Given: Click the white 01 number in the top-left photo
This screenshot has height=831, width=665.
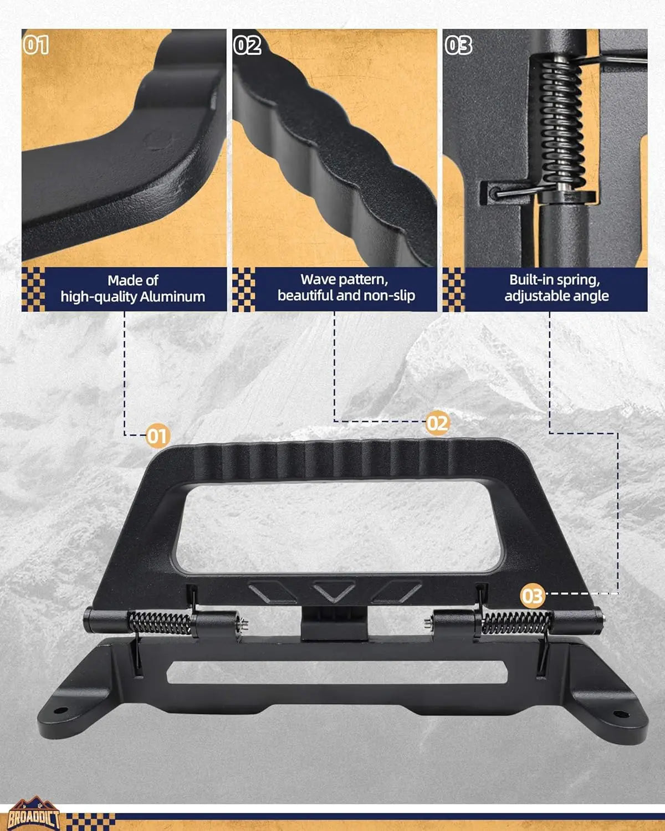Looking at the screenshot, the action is (36, 45).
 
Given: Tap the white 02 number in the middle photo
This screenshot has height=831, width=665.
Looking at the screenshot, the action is (247, 45).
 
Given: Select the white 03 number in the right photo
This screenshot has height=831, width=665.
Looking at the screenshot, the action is (458, 45).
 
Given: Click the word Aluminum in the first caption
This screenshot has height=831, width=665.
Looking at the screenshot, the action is (172, 296).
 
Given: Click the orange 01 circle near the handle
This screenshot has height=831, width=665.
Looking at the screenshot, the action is (157, 436).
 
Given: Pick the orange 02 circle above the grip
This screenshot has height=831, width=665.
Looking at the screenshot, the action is (437, 423).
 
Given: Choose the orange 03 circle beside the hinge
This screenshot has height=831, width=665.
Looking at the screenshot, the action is (533, 596).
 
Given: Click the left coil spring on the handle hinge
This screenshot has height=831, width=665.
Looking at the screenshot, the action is (159, 623).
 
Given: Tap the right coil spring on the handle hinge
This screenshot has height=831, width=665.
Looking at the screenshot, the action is (517, 623).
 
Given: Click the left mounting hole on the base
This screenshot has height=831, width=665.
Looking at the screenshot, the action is (60, 710).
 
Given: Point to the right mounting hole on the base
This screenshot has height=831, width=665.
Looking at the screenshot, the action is (621, 714).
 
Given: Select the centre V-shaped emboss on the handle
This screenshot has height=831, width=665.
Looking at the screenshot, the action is (334, 592).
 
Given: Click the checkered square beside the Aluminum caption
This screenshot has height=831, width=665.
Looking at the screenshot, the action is (33, 289).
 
